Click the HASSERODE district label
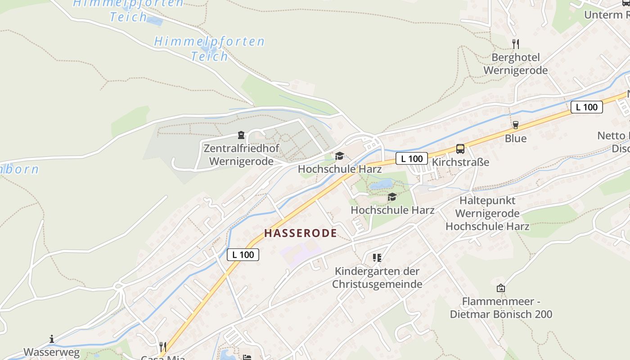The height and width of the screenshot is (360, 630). point(300,233)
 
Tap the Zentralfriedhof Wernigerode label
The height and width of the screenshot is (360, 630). point(241,155)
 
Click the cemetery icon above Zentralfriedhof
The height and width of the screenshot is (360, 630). point(241,135)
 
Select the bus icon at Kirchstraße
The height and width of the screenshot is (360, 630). point(460,149)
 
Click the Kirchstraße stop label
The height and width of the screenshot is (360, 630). point(460,162)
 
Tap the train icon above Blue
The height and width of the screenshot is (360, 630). point(515,125)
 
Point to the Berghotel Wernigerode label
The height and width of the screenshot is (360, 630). point(515,64)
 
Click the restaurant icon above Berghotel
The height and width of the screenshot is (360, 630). point(515,44)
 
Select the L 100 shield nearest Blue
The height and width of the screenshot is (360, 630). point(587,107)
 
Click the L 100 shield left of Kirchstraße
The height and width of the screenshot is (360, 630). point(412,158)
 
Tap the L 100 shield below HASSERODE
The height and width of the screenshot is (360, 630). point(243,255)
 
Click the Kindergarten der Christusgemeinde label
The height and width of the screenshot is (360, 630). point(377,278)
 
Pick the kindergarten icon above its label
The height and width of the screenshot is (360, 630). point(377,258)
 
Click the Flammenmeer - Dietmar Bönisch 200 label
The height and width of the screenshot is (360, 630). point(501,308)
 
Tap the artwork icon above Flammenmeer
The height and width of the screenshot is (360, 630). point(500,288)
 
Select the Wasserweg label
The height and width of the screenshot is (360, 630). point(51,352)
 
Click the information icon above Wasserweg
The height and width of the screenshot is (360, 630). point(52,339)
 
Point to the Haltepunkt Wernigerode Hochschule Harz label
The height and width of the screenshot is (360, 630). point(487,213)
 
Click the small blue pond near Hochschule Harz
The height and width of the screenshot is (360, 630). point(381,184)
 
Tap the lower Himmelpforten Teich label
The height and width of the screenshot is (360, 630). point(209,49)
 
